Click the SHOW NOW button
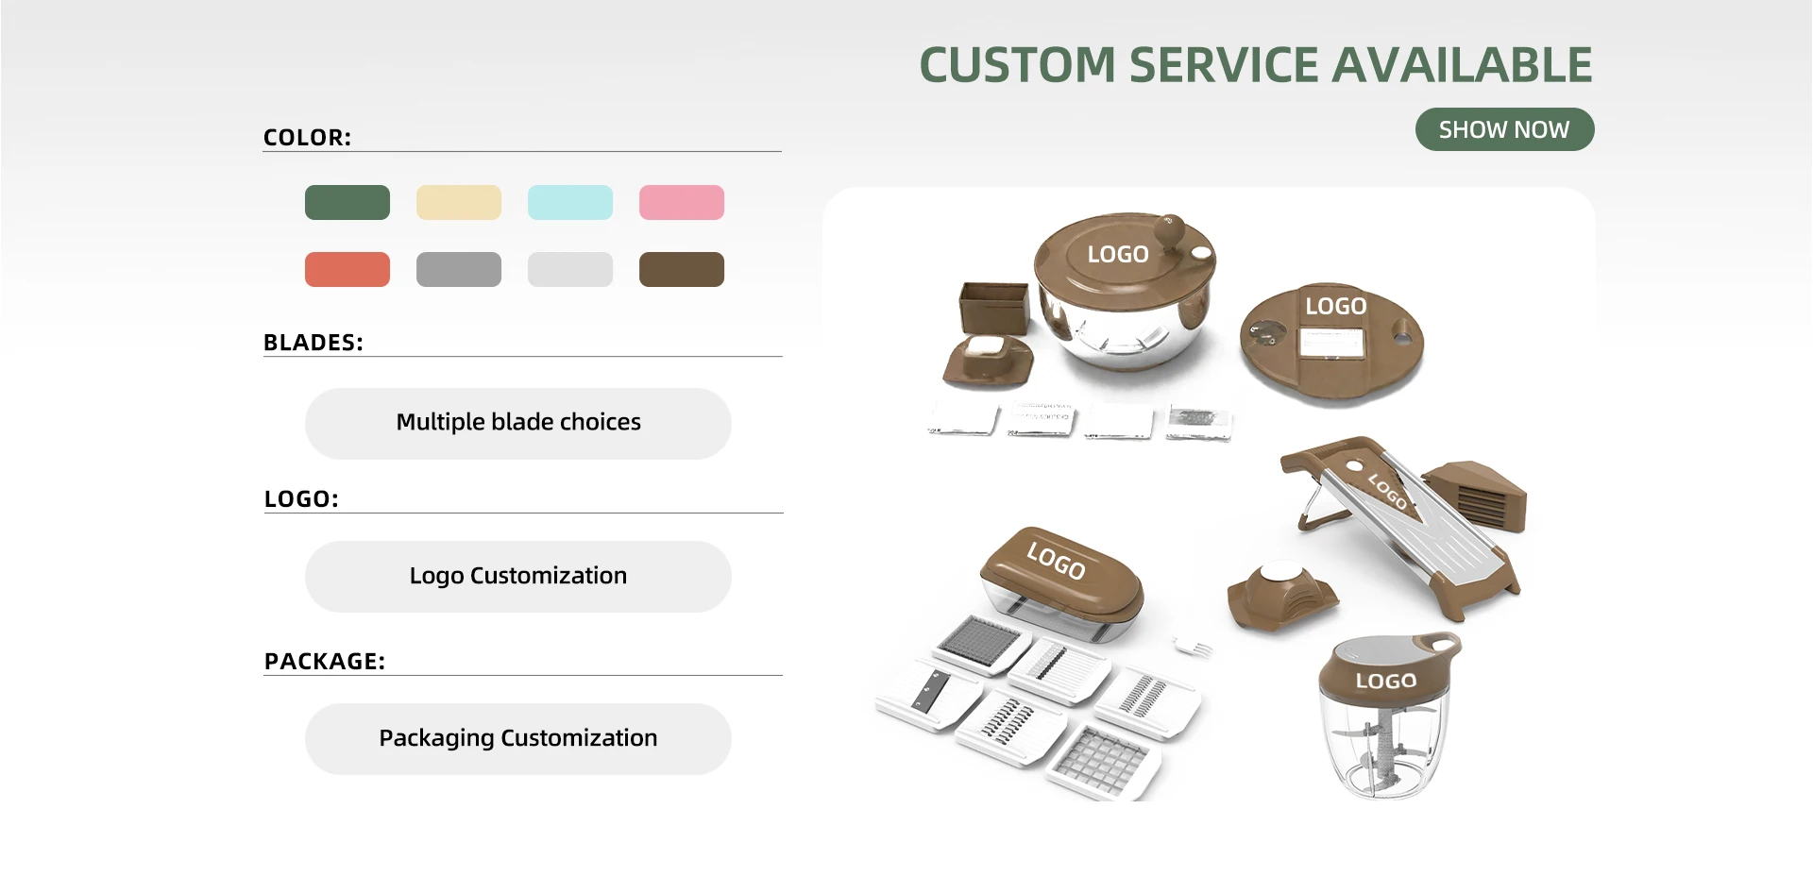click(x=1504, y=129)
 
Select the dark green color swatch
click(x=347, y=203)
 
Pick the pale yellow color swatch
click(x=459, y=203)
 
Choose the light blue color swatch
click(x=570, y=203)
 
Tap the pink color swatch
click(x=682, y=203)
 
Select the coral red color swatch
click(x=347, y=270)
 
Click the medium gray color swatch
click(x=459, y=270)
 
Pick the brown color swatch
click(x=682, y=270)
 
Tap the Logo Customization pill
click(x=518, y=577)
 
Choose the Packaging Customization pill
click(x=518, y=739)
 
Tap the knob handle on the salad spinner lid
click(x=1170, y=228)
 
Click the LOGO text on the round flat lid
click(x=1335, y=306)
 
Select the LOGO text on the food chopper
click(x=1385, y=681)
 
